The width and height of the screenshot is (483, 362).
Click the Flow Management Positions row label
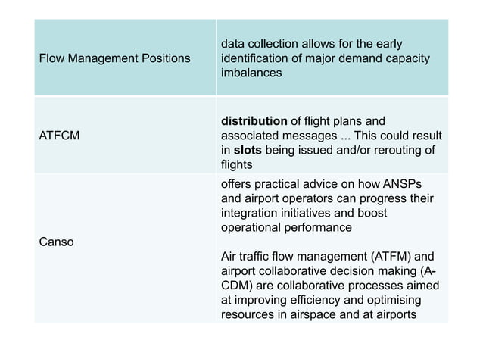coord(114,58)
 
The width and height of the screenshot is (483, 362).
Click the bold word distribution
coord(254,121)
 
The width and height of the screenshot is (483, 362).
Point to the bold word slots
coord(248,150)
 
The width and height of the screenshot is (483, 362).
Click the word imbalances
coord(251,73)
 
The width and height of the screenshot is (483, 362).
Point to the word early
coord(388,44)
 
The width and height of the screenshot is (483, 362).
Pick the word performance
coord(316,228)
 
